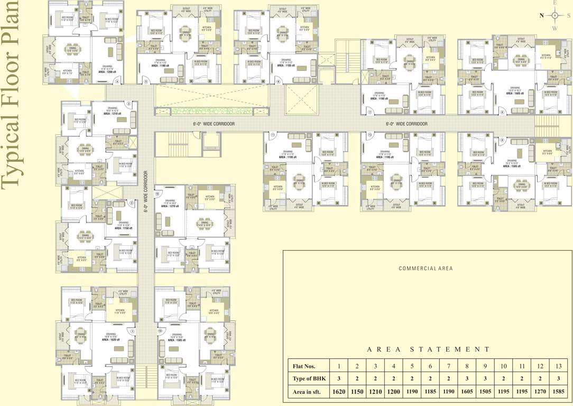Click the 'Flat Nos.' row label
(x=304, y=365)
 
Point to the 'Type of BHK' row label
(x=309, y=379)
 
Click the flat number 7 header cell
(x=448, y=365)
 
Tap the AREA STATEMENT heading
(x=428, y=349)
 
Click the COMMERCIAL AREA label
(x=426, y=269)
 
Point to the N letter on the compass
(x=541, y=16)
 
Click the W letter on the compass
(x=554, y=29)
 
